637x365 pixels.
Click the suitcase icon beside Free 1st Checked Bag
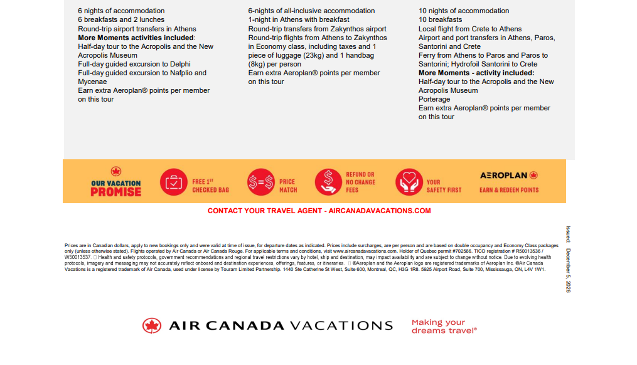(173, 182)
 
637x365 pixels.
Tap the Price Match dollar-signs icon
(260, 182)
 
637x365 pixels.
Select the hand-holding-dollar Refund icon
(328, 182)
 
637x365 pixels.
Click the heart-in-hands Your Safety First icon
(408, 182)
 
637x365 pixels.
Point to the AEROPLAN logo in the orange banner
(509, 176)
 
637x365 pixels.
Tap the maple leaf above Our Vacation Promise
(116, 171)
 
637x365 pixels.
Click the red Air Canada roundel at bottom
(152, 325)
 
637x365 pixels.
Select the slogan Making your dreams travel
(444, 326)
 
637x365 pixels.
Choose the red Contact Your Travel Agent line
(319, 211)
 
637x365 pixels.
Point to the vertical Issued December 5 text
(568, 259)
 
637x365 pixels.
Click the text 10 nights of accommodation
(464, 11)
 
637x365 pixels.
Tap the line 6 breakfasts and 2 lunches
(121, 19)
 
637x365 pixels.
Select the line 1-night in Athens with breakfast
(299, 19)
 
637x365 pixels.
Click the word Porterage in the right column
(434, 99)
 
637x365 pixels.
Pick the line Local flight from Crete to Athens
(470, 29)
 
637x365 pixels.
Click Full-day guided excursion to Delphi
(134, 64)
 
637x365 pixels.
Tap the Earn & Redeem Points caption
(509, 190)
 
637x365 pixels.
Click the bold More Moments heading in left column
(136, 38)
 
